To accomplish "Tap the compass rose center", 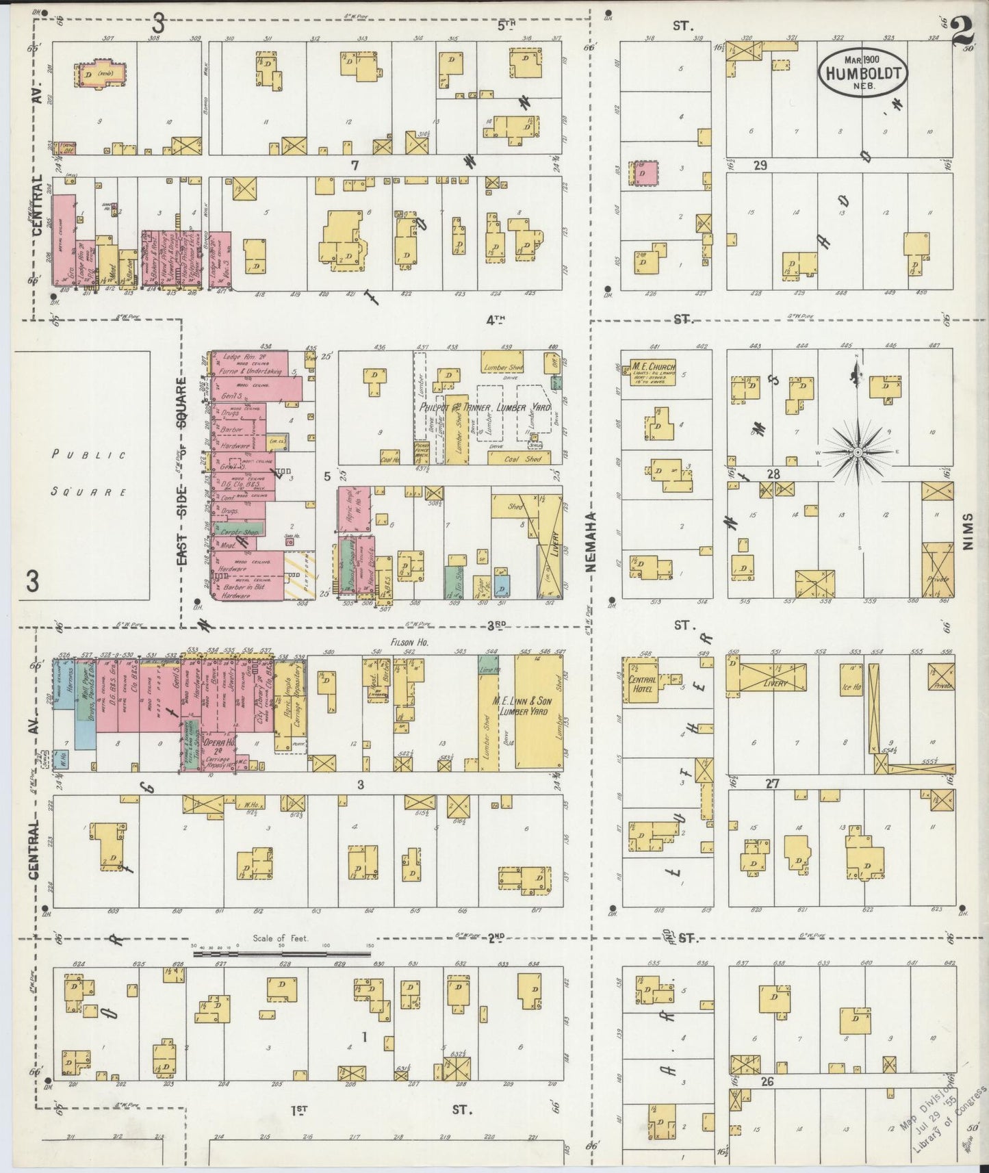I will [856, 453].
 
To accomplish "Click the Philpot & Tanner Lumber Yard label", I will [482, 407].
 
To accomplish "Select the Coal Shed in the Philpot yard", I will [524, 459].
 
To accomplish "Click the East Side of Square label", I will [183, 472].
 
